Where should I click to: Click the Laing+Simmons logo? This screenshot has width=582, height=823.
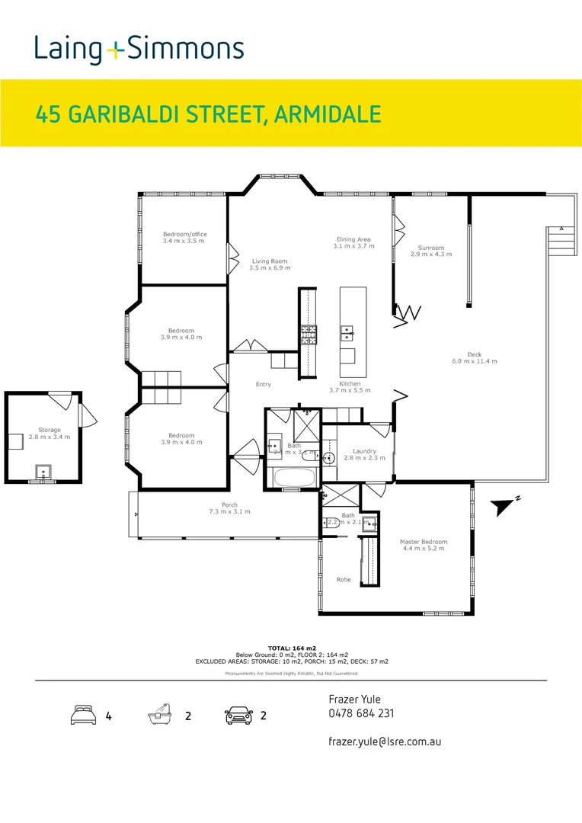point(139,50)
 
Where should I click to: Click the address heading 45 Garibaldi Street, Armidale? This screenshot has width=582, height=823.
point(208,114)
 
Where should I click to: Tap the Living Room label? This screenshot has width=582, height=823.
point(270,265)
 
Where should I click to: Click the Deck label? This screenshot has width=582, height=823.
point(475,357)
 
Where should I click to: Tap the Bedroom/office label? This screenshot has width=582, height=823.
point(184,238)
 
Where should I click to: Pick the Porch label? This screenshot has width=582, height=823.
point(229,508)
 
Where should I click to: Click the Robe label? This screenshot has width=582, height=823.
point(344,580)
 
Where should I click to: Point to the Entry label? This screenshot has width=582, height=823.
point(263,385)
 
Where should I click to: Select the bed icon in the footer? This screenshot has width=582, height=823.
point(82,716)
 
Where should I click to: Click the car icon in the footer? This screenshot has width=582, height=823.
point(238,716)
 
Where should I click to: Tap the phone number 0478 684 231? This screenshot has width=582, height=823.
point(361,714)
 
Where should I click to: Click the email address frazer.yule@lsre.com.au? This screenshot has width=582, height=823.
point(385,741)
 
